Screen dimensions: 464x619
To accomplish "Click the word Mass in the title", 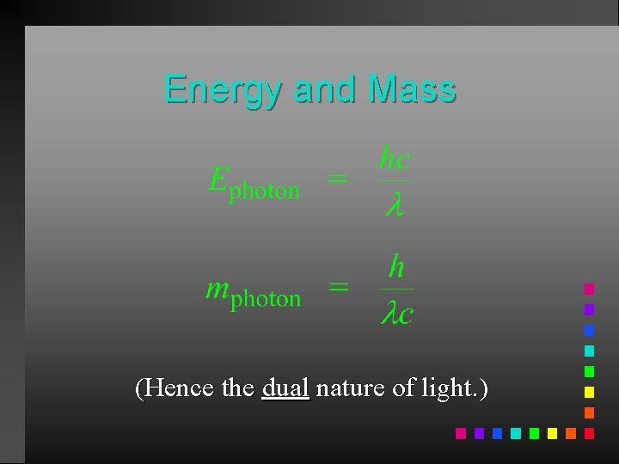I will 411,89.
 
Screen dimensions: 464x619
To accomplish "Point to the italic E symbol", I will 218,180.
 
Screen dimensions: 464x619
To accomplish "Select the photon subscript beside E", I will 265,191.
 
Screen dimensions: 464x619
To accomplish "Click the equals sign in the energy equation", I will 339,180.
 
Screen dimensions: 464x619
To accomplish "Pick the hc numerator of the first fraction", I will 395,160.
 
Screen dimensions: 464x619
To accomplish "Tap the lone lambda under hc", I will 393,206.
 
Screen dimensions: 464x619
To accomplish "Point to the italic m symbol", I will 218,288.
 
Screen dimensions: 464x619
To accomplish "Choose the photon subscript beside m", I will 267,299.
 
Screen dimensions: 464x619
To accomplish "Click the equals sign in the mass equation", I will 339,288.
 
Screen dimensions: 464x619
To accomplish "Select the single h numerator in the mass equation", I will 395,267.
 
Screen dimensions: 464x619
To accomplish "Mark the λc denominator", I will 396,314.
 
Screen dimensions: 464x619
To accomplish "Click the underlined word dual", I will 285,388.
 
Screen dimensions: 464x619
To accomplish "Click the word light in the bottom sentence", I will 445,388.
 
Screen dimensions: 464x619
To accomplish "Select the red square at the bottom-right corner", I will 589,433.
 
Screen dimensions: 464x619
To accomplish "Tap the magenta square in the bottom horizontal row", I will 460,433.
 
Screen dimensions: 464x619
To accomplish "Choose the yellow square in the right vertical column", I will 589,392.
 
